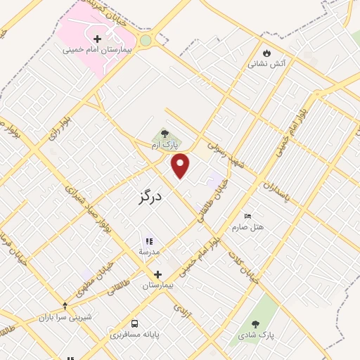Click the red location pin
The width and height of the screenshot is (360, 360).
click(181, 165)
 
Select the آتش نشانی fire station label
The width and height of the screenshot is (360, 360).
click(266, 64)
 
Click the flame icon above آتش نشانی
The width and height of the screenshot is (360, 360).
click(266, 52)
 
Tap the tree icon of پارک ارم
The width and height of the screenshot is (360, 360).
click(165, 133)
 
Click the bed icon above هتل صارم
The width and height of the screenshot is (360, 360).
click(247, 215)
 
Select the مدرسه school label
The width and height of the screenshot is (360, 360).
click(148, 252)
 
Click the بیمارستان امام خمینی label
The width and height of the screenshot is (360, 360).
click(97, 50)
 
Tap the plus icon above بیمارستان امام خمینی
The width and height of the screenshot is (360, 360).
click(97, 38)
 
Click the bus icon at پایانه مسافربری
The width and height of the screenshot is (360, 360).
click(134, 324)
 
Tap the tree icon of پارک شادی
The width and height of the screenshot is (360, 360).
click(255, 323)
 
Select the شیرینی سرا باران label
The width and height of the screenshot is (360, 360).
click(66, 317)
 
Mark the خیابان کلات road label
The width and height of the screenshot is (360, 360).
click(243, 266)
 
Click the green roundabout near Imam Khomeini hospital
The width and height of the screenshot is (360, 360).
click(146, 40)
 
